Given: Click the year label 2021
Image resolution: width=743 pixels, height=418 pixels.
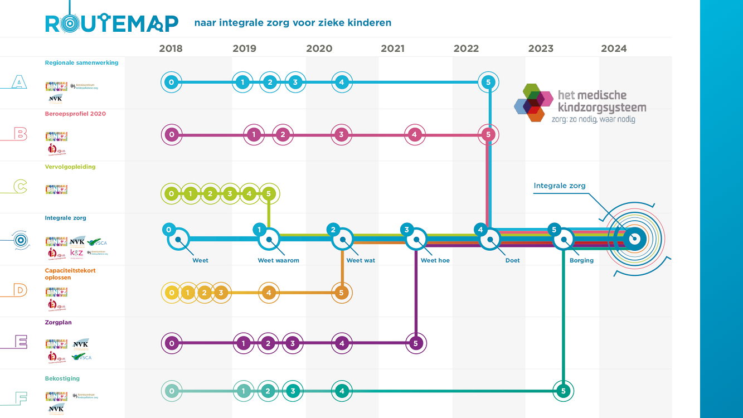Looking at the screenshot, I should click(x=392, y=48).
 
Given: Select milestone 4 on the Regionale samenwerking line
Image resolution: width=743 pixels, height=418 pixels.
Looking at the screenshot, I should click(x=342, y=82).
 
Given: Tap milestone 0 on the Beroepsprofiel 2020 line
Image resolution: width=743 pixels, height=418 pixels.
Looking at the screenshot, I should click(x=172, y=134).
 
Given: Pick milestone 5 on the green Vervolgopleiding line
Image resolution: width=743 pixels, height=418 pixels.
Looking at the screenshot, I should click(x=269, y=194).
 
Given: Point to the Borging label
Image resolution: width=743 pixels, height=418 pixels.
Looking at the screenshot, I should click(x=581, y=260).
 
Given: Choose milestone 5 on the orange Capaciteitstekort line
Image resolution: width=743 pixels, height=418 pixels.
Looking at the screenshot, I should click(x=342, y=292).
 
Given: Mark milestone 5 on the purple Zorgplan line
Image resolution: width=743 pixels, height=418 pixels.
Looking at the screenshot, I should click(x=415, y=343).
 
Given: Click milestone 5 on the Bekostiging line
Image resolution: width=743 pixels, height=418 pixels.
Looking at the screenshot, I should click(x=564, y=391).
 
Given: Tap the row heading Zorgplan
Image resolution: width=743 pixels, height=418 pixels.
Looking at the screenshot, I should click(x=58, y=322).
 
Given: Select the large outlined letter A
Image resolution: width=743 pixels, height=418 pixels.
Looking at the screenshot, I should click(x=20, y=83).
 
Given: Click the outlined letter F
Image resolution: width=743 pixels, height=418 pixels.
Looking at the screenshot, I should click(x=20, y=398).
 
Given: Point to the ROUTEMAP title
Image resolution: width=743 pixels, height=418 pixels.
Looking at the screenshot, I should click(x=111, y=23).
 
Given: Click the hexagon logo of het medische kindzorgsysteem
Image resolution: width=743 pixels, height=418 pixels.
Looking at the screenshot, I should click(x=533, y=102).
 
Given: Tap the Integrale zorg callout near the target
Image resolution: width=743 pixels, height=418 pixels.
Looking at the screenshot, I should click(x=559, y=186).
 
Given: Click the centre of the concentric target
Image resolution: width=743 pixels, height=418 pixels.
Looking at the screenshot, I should click(x=633, y=240).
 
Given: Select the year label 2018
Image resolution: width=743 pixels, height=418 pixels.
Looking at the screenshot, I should click(x=171, y=48).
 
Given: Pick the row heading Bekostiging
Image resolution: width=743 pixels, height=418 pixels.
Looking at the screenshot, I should click(x=62, y=378).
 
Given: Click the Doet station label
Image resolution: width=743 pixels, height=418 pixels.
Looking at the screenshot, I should click(x=512, y=260).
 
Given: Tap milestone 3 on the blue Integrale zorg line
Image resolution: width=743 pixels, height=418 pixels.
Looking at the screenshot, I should click(x=407, y=230).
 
